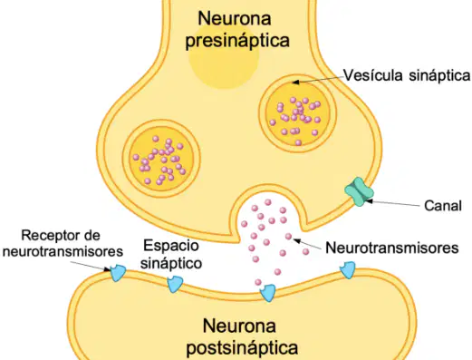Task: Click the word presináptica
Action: tap(237, 41)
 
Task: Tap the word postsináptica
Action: tap(242, 348)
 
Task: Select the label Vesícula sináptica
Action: tap(407, 75)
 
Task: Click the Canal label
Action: tap(443, 206)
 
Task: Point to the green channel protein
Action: tap(359, 191)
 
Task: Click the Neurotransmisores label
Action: tap(392, 248)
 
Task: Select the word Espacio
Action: tap(171, 246)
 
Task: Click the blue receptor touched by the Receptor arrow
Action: tap(118, 273)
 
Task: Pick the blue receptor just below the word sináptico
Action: tap(175, 284)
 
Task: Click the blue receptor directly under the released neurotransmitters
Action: tap(268, 293)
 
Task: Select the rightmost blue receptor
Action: tap(348, 270)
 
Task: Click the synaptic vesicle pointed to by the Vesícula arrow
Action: tap(297, 113)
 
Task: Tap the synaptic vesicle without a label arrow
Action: tap(161, 159)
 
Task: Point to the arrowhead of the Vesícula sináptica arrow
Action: tap(295, 82)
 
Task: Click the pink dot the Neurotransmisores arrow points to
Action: tap(289, 237)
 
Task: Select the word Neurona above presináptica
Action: tap(235, 18)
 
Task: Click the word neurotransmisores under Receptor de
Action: tap(63, 251)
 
